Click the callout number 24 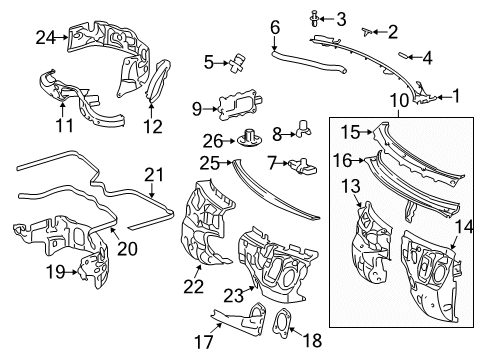click(46, 38)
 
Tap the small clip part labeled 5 click(238, 62)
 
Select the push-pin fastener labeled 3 click(314, 18)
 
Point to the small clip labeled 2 click(367, 32)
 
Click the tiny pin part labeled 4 click(401, 55)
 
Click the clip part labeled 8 click(303, 128)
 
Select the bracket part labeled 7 click(302, 166)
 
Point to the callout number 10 click(399, 101)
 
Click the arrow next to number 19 click(72, 272)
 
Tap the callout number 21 click(154, 175)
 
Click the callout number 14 click(464, 227)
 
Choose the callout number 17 click(204, 342)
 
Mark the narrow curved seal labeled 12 click(159, 80)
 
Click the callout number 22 click(193, 287)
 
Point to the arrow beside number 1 click(444, 97)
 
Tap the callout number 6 click(275, 28)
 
